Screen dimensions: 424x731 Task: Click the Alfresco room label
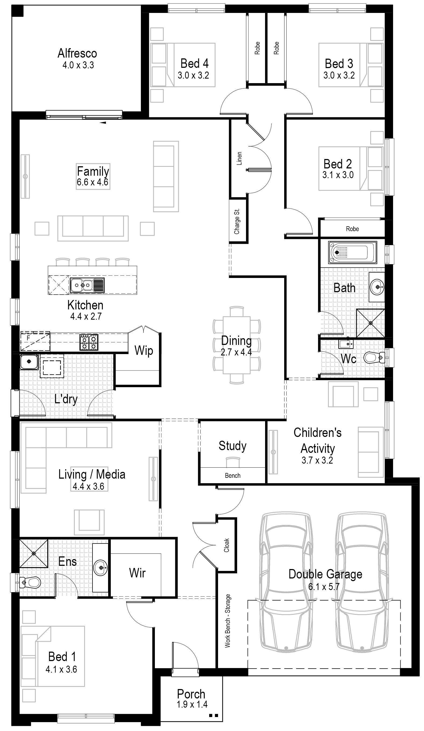pyautogui.click(x=77, y=53)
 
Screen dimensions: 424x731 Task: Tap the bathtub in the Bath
pyautogui.click(x=352, y=252)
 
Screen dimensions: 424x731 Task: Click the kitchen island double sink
pyautogui.click(x=87, y=285)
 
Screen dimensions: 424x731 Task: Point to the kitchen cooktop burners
pyautogui.click(x=89, y=342)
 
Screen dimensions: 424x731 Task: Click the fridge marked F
pyautogui.click(x=35, y=341)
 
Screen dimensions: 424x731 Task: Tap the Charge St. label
pyautogui.click(x=237, y=221)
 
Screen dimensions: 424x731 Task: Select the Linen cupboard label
pyautogui.click(x=239, y=158)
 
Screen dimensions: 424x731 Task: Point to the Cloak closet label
pyautogui.click(x=227, y=545)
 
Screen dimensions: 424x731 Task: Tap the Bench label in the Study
pyautogui.click(x=232, y=475)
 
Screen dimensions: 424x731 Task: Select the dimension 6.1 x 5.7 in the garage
pyautogui.click(x=324, y=587)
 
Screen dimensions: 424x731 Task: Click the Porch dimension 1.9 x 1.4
pyautogui.click(x=192, y=704)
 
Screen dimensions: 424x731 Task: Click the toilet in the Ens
pyautogui.click(x=30, y=582)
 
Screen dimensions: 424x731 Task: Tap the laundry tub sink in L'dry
pyautogui.click(x=29, y=361)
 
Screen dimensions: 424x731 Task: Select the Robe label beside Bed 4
pyautogui.click(x=257, y=48)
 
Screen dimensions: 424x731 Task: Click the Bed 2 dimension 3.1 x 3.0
pyautogui.click(x=338, y=175)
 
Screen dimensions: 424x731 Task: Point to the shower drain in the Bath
pyautogui.click(x=370, y=323)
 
